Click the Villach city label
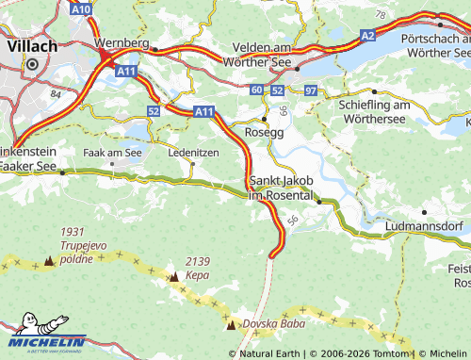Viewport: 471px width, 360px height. [31, 44]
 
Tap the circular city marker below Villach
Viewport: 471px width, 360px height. [31, 64]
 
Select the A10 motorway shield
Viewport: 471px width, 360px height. [82, 8]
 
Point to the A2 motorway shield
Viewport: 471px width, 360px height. [365, 34]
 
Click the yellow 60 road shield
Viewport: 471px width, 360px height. [258, 90]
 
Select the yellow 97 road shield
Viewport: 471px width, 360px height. [311, 90]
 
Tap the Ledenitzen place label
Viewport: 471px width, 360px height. [192, 152]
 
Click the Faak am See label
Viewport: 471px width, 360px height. [112, 152]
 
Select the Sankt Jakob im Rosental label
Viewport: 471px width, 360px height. [280, 188]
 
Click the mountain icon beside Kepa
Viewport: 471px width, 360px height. [173, 277]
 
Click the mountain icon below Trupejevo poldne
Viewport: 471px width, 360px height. [48, 260]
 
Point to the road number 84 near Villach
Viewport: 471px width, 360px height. [56, 94]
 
